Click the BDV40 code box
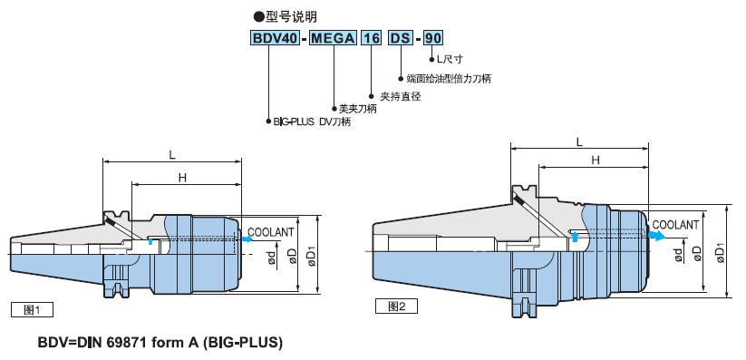[275, 37]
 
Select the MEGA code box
[333, 37]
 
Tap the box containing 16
[371, 37]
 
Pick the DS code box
[401, 37]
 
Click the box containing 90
[433, 37]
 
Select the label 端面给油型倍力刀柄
[449, 79]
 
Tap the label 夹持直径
[401, 97]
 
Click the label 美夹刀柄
[358, 109]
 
